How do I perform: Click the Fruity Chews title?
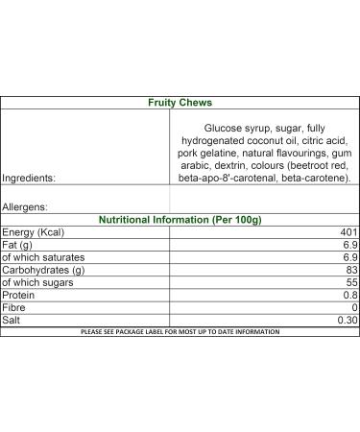[180, 102]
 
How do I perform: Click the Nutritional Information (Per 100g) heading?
[180, 219]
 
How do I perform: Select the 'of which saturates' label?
[43, 257]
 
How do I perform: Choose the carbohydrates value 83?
[350, 271]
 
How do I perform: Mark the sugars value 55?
[350, 283]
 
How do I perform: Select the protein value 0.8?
[349, 296]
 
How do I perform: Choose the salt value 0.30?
[347, 321]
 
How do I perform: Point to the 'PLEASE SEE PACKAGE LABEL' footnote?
[180, 331]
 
